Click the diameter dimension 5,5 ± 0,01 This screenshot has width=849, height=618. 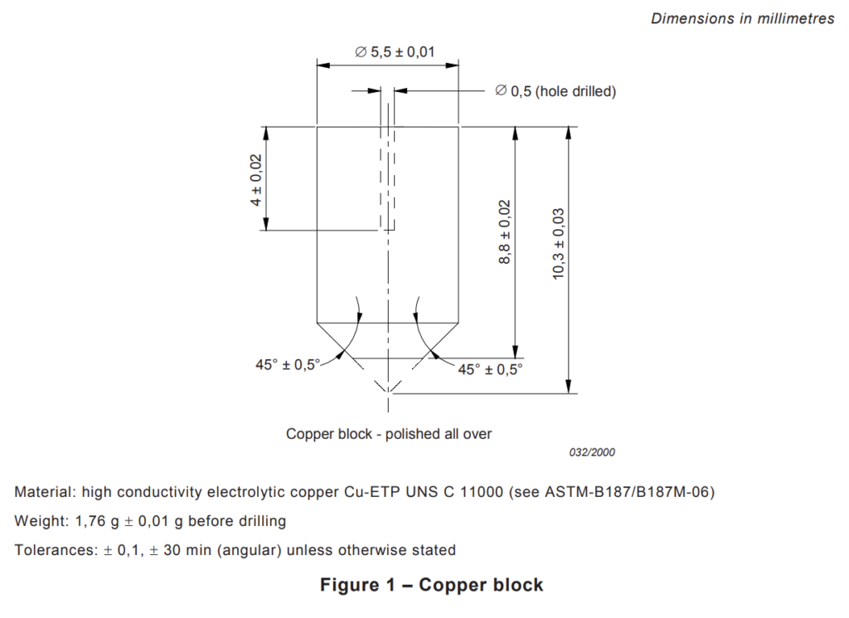[395, 52]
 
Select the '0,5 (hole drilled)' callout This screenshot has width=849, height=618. [555, 91]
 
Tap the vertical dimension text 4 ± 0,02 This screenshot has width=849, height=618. [255, 180]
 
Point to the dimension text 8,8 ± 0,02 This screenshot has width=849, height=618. [504, 231]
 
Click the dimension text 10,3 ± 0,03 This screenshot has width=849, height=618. [558, 244]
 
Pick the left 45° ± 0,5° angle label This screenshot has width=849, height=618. [288, 364]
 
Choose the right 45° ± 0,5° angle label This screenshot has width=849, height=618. [490, 369]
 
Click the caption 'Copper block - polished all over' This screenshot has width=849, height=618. [389, 434]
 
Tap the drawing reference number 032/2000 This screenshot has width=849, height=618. [592, 452]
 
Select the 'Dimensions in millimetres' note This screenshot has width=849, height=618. [742, 18]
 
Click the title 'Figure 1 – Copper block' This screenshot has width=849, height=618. [431, 585]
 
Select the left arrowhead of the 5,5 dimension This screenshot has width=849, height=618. [323, 66]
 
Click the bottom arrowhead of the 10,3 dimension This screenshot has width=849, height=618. [569, 387]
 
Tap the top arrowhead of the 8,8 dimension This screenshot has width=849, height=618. [515, 134]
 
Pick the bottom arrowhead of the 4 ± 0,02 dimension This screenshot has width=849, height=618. [266, 224]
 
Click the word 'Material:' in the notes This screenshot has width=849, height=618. [46, 492]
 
